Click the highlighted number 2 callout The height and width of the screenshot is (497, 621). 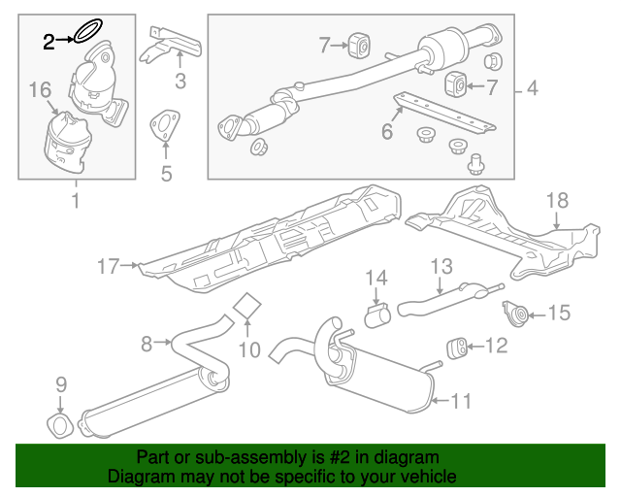point(49,40)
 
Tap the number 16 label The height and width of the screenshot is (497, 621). point(39,90)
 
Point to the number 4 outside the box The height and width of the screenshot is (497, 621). point(531,90)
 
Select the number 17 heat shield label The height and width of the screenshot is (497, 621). point(107,264)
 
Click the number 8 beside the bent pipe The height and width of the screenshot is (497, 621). point(147,343)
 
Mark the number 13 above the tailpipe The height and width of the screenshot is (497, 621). point(441,265)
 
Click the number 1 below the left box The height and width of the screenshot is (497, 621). point(75,201)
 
